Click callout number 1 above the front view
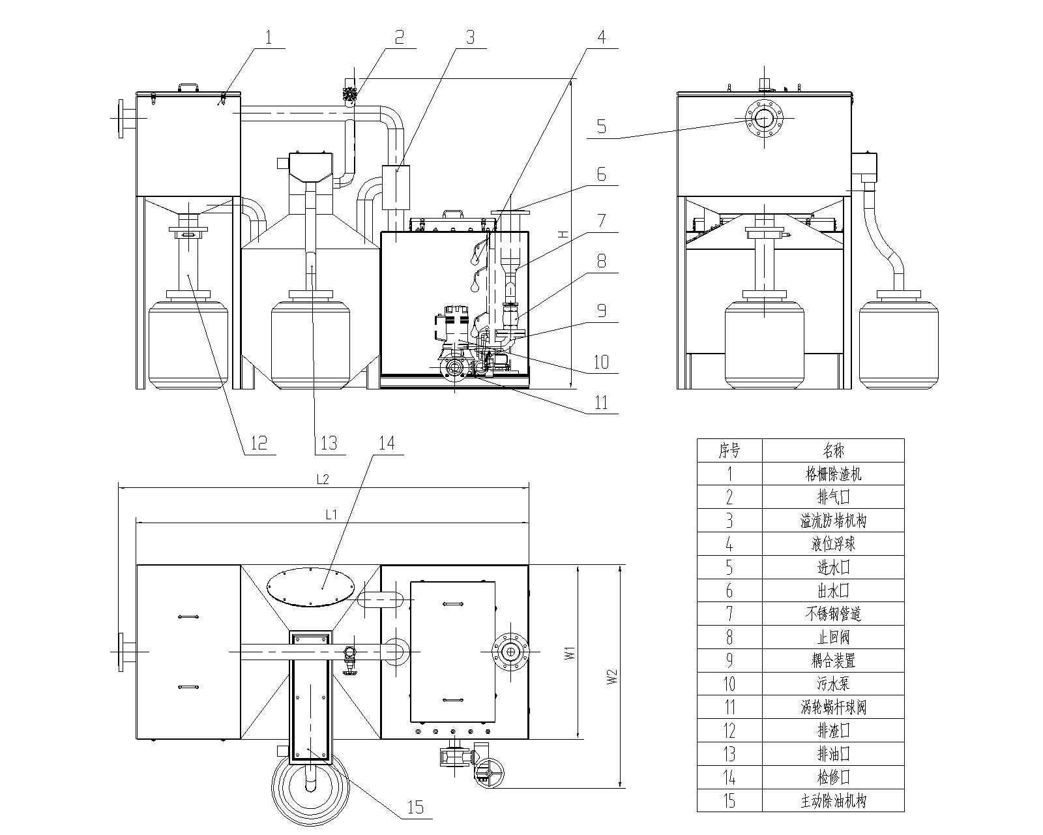click(268, 37)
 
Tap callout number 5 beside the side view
click(602, 126)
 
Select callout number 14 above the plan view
click(387, 444)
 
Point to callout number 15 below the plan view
click(415, 807)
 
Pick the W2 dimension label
click(612, 676)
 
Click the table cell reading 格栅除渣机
click(833, 474)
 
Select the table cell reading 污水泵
click(833, 684)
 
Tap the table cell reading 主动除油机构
click(833, 800)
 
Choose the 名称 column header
click(833, 450)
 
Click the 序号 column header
click(729, 450)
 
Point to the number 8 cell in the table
click(729, 637)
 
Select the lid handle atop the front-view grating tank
click(189, 87)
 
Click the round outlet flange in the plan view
click(509, 652)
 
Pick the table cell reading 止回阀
click(833, 637)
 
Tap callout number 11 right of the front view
click(601, 402)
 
